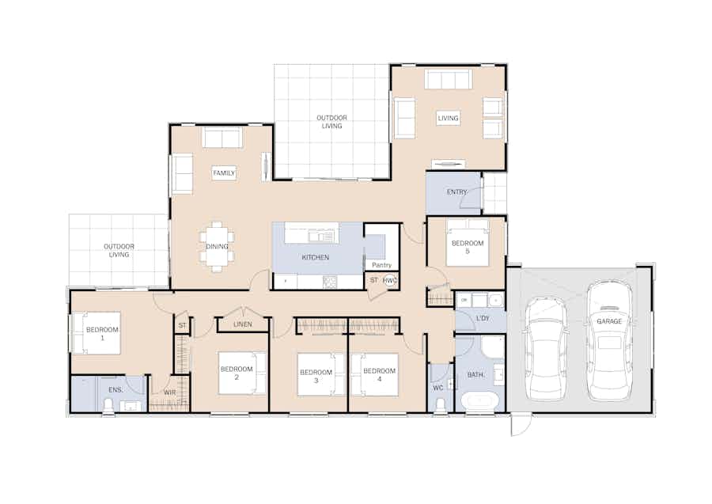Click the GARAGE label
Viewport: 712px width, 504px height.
pyautogui.click(x=609, y=321)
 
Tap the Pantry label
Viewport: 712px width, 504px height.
pyautogui.click(x=381, y=265)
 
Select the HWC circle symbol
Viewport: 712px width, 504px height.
pyautogui.click(x=389, y=281)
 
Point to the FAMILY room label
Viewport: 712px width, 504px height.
pyautogui.click(x=224, y=173)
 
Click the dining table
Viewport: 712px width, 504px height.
pyautogui.click(x=217, y=247)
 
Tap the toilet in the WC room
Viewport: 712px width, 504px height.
pyautogui.click(x=440, y=405)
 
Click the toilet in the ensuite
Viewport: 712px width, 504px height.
pyautogui.click(x=108, y=405)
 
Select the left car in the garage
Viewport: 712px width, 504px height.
pyautogui.click(x=545, y=348)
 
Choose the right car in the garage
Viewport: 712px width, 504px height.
pyautogui.click(x=609, y=340)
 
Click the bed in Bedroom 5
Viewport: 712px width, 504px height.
pyautogui.click(x=468, y=243)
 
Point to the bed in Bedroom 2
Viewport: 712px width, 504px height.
pyautogui.click(x=242, y=373)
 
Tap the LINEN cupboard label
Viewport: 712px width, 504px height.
pyautogui.click(x=243, y=324)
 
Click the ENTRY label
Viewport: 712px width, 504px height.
pyautogui.click(x=456, y=192)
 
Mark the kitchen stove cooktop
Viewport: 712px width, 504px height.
pyautogui.click(x=330, y=282)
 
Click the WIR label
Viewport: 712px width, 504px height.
pyautogui.click(x=169, y=392)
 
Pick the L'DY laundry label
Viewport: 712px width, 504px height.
pyautogui.click(x=483, y=318)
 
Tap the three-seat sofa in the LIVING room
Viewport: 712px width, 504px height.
pyautogui.click(x=449, y=79)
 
